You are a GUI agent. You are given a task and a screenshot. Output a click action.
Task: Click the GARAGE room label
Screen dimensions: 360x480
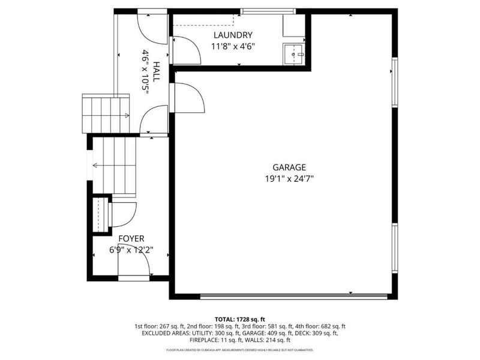pyautogui.click(x=290, y=167)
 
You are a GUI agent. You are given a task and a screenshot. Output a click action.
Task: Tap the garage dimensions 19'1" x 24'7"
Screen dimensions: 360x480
pyautogui.click(x=290, y=178)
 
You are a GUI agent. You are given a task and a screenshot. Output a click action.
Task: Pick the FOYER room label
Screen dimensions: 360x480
pyautogui.click(x=130, y=238)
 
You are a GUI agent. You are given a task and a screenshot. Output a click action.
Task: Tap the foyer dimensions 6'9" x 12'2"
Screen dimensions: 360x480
pyautogui.click(x=130, y=250)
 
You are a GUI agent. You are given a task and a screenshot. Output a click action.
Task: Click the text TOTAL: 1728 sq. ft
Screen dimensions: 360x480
pyautogui.click(x=240, y=319)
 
